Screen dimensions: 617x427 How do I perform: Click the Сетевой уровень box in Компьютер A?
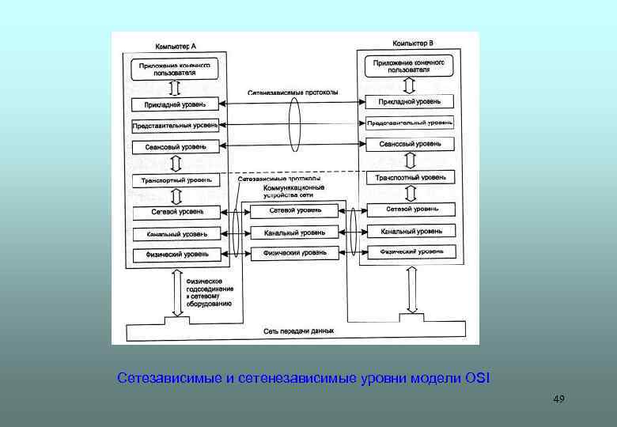178,212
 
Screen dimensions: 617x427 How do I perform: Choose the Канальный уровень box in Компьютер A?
178,233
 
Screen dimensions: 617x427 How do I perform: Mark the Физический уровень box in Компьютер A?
178,255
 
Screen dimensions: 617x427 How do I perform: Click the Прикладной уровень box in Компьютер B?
410,102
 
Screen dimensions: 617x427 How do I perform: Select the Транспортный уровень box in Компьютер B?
410,177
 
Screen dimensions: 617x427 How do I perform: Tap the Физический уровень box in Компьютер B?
411,251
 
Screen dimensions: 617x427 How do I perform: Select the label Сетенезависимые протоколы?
293,93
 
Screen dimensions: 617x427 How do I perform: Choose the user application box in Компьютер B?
409,65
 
